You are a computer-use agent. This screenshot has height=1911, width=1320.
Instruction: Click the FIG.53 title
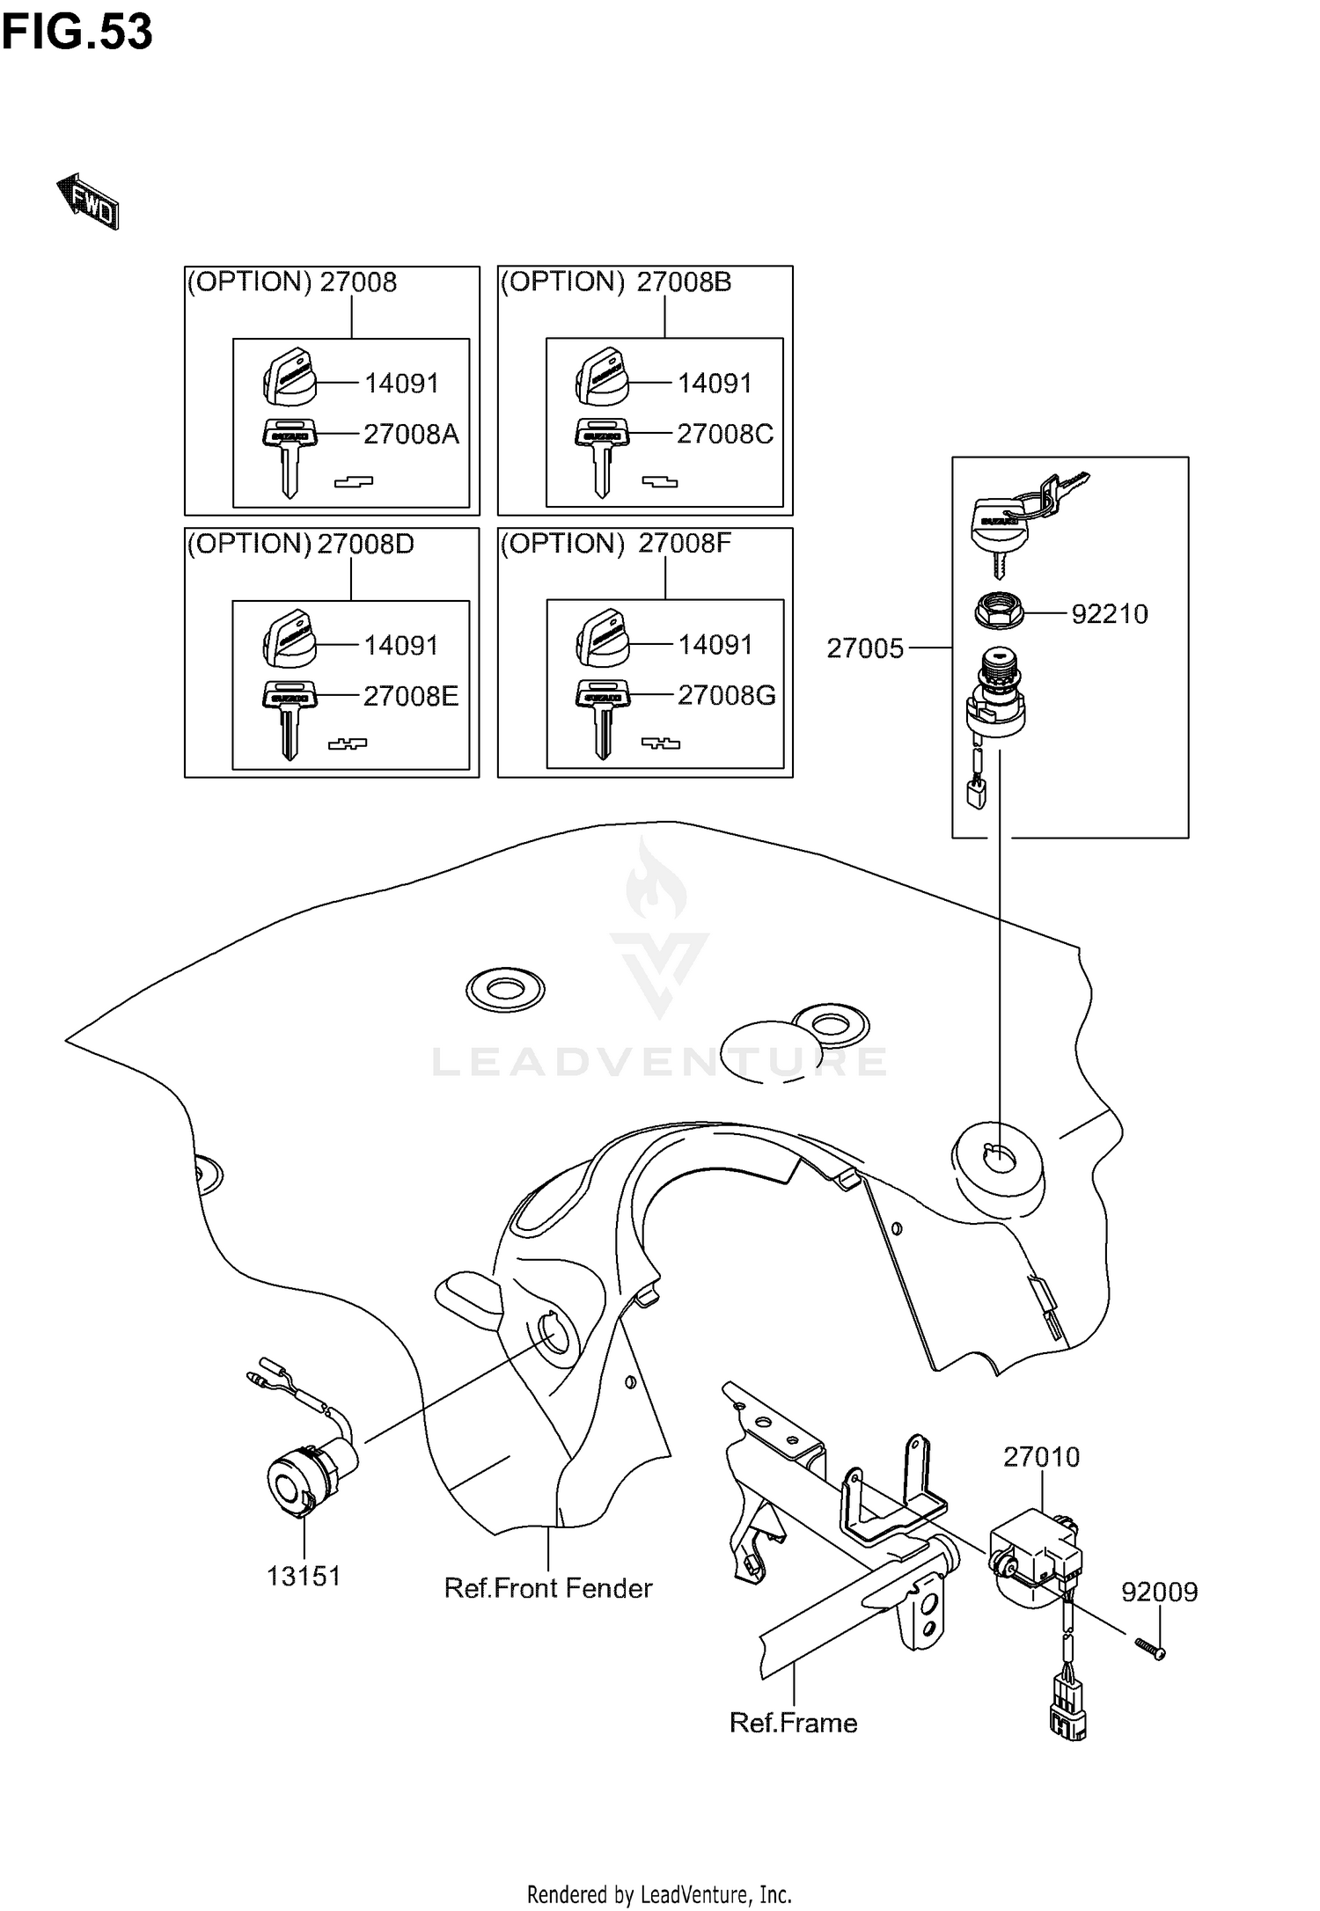[x=77, y=33]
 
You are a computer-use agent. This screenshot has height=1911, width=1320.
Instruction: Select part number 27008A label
[x=411, y=434]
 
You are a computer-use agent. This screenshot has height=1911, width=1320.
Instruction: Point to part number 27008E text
[x=411, y=696]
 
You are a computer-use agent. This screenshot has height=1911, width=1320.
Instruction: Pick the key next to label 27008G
[x=603, y=717]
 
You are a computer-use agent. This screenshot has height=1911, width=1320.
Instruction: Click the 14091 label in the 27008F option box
[x=715, y=645]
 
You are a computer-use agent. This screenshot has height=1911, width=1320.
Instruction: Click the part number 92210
[x=1109, y=613]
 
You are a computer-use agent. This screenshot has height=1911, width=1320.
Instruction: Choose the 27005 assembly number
[x=865, y=648]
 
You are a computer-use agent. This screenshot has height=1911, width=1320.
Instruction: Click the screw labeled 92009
[x=1147, y=1647]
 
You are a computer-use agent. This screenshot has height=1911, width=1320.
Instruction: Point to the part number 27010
[x=1041, y=1457]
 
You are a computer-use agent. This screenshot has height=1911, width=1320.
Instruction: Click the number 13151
[x=304, y=1576]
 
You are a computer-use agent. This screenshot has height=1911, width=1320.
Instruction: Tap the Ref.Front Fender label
[x=547, y=1588]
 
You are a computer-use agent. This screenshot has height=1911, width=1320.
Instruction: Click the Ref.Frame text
[x=793, y=1722]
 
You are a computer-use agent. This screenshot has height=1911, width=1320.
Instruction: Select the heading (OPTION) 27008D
[x=300, y=544]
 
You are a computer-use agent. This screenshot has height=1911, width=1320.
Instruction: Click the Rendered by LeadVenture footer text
[x=659, y=1894]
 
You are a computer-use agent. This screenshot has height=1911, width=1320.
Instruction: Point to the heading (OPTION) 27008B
[x=615, y=282]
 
